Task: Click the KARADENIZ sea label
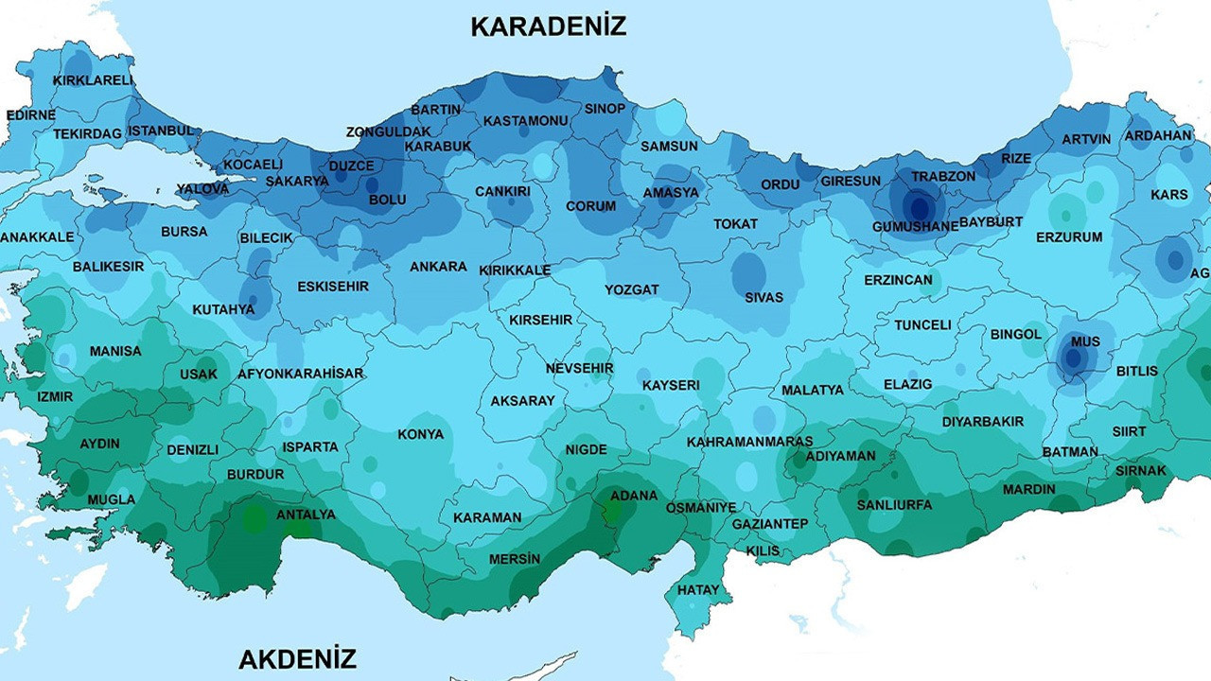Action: tap(548, 26)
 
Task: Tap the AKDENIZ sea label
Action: tap(297, 658)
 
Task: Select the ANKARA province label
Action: tap(438, 267)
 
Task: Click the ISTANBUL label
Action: tap(161, 131)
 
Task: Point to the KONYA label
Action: tap(420, 434)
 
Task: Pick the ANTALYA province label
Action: tap(306, 515)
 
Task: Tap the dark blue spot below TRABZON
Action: tap(916, 205)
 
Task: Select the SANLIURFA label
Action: tap(894, 504)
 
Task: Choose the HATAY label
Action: tap(698, 589)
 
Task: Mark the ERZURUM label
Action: tap(1069, 237)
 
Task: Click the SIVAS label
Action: tap(763, 297)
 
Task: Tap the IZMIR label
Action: tap(54, 396)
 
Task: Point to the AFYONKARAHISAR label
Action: tap(300, 374)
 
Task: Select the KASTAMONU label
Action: tap(525, 121)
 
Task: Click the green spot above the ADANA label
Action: tap(614, 512)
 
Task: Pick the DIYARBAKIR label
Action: tap(982, 422)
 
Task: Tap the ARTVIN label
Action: tap(1086, 139)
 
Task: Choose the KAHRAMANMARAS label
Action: tap(749, 442)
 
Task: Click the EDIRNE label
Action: tap(30, 114)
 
